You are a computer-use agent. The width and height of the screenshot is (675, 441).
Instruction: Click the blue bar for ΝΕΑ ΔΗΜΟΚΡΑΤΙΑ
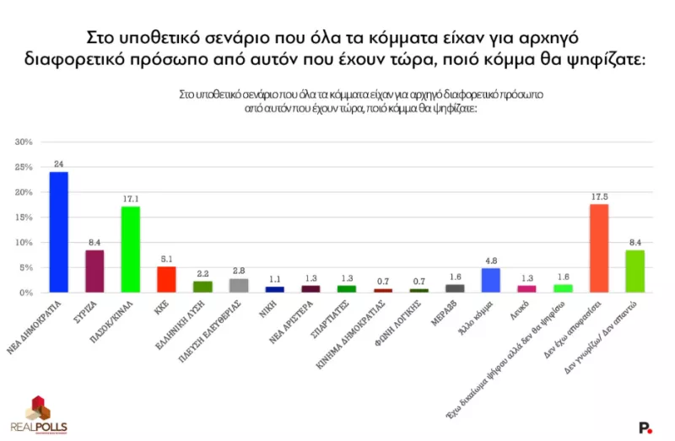59,232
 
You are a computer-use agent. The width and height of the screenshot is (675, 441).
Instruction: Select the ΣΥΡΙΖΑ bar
95,271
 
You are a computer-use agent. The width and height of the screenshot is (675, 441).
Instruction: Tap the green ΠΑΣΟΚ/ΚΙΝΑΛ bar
131,249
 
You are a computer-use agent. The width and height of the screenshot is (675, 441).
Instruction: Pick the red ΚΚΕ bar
167,279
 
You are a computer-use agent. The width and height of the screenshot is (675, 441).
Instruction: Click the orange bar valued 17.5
599,248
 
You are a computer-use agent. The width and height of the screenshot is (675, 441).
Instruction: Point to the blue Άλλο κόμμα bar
491,280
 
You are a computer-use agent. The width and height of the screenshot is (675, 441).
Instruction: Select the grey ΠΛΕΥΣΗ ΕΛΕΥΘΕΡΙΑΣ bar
239,285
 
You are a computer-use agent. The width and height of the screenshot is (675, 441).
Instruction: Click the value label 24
59,164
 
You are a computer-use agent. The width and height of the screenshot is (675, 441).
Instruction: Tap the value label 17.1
131,199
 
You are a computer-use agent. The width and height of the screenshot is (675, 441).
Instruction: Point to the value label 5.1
167,259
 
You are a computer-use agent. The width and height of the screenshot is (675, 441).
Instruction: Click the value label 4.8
491,261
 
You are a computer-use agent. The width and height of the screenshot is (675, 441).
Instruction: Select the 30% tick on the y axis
24,142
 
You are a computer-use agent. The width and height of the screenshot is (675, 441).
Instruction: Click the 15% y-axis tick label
24,218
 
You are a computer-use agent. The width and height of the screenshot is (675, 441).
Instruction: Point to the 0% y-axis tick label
26,293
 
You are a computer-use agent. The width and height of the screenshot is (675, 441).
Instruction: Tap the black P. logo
645,428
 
